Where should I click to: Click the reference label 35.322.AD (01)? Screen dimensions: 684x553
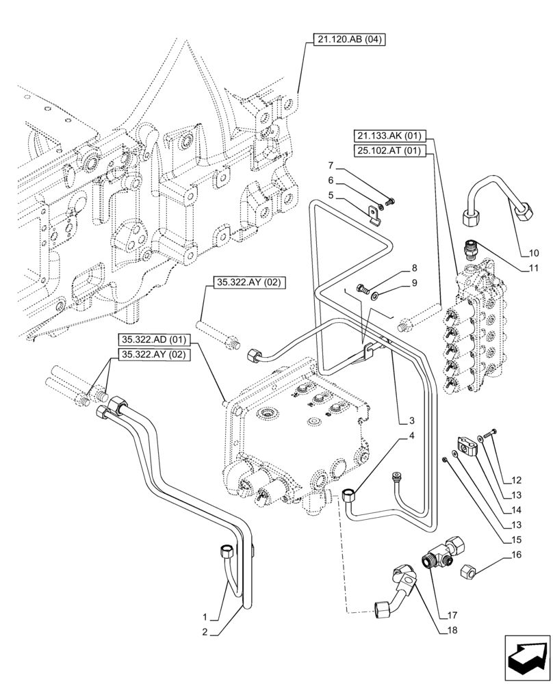[154, 340]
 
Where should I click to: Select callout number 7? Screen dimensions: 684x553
[331, 166]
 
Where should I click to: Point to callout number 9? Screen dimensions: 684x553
[415, 283]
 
